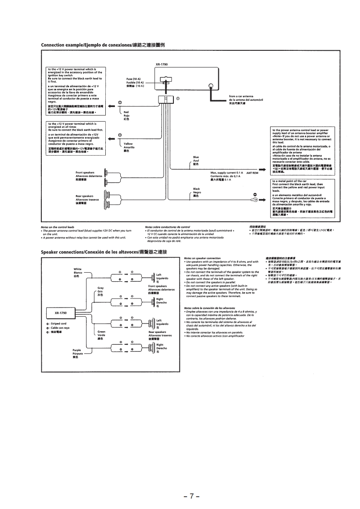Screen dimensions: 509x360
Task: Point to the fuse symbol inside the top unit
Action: point(167,82)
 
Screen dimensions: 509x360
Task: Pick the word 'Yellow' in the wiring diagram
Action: point(128,144)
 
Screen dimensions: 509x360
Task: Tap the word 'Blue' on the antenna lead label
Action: point(196,157)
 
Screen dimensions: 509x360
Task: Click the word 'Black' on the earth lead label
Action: point(197,189)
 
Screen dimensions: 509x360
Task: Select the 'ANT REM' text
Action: point(252,173)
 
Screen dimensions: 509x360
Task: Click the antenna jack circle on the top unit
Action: point(211,86)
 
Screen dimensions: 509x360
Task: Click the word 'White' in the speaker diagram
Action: point(78,269)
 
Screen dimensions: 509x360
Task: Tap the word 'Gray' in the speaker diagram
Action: point(101,288)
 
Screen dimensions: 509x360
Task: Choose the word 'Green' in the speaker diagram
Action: point(102,332)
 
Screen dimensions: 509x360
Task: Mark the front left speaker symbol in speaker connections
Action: point(151,278)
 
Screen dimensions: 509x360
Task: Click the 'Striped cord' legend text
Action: point(58,323)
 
